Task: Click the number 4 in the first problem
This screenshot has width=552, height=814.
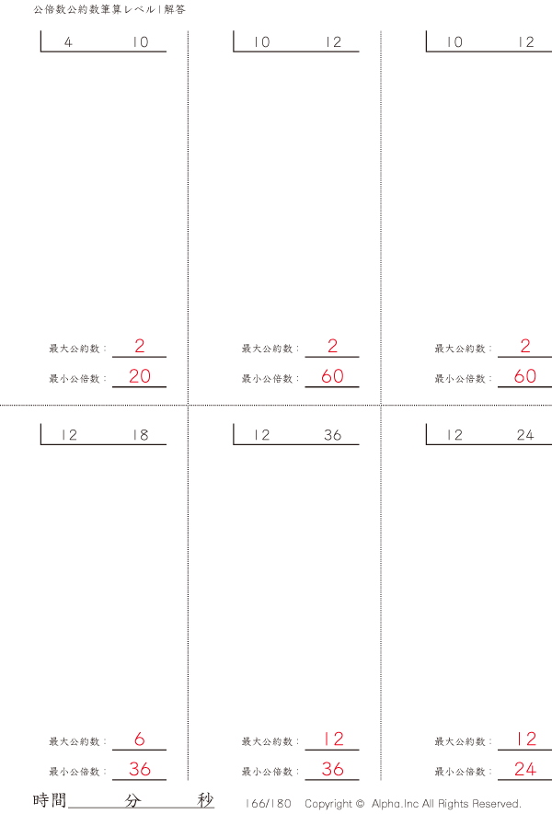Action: click(x=68, y=42)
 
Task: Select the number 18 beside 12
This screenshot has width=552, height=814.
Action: click(x=141, y=435)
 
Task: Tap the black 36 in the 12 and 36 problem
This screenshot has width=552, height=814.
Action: click(x=332, y=435)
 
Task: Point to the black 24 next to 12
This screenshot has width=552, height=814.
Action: click(x=525, y=435)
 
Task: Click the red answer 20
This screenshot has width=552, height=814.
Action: click(x=140, y=376)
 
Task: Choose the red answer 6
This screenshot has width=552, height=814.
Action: click(x=140, y=739)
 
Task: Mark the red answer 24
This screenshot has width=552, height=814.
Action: click(x=525, y=769)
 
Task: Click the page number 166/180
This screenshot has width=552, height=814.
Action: click(x=269, y=804)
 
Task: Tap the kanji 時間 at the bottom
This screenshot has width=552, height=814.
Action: click(x=50, y=800)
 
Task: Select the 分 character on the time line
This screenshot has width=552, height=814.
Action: click(x=132, y=800)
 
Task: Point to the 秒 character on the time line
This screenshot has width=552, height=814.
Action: click(x=205, y=800)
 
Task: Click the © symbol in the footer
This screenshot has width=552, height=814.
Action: click(x=360, y=804)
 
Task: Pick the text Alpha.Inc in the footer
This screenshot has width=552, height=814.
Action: click(x=395, y=804)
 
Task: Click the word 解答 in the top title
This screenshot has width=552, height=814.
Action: click(x=175, y=9)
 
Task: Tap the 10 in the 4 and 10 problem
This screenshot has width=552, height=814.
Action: click(x=141, y=42)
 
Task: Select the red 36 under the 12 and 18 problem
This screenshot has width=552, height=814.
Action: click(x=140, y=769)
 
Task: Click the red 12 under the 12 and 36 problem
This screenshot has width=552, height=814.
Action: click(x=333, y=739)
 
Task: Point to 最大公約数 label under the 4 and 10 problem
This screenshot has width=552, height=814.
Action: click(x=75, y=349)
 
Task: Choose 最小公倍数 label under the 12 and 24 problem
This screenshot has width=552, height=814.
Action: click(x=460, y=772)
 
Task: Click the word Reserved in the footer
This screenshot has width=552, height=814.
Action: click(x=497, y=804)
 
